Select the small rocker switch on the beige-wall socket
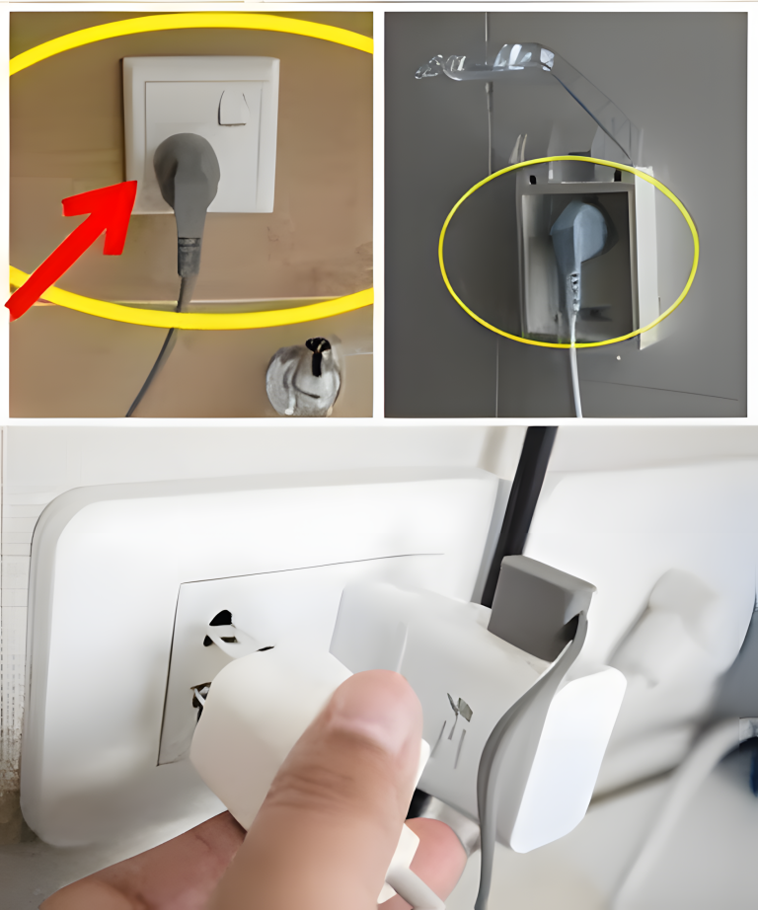click(x=233, y=108)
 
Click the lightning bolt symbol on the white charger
click(x=459, y=710)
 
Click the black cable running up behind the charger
click(x=523, y=493)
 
